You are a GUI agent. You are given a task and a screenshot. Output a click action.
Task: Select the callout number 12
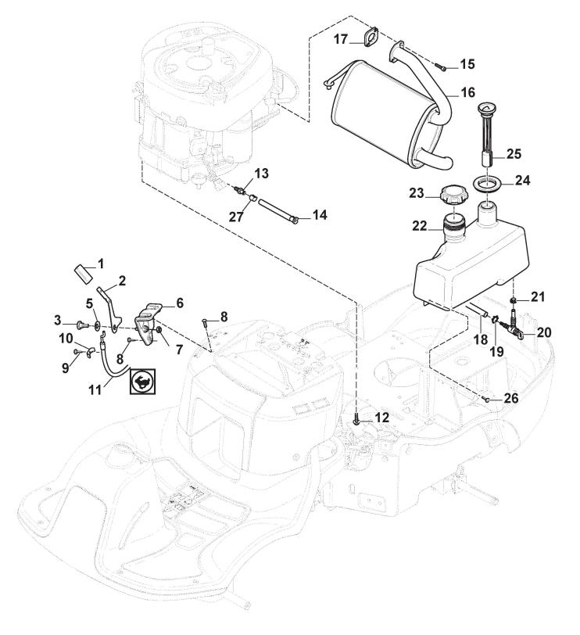click(381, 418)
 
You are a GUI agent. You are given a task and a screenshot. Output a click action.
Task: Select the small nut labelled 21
click(514, 302)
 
